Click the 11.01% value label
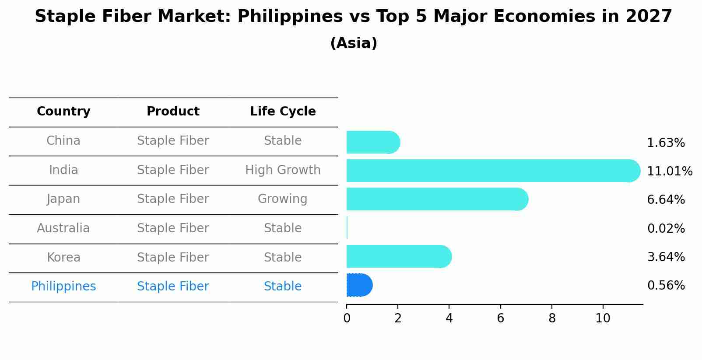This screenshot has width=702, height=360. point(669,171)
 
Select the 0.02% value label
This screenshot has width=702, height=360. point(666,229)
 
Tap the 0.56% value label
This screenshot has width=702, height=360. point(666,286)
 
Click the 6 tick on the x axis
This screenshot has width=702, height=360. point(500,318)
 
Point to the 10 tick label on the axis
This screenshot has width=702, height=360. point(603,318)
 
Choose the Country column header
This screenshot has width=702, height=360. point(63,112)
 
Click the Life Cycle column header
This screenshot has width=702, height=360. point(283,112)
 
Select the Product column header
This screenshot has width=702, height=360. point(173,112)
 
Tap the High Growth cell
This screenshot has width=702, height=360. point(283,170)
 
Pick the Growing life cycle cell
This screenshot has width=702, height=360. point(283,199)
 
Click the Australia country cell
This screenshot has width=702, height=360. point(63,228)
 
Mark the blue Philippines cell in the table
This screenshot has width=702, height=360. point(63,287)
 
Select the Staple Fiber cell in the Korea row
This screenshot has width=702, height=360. point(173,258)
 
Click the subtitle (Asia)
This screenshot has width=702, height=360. point(354,43)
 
